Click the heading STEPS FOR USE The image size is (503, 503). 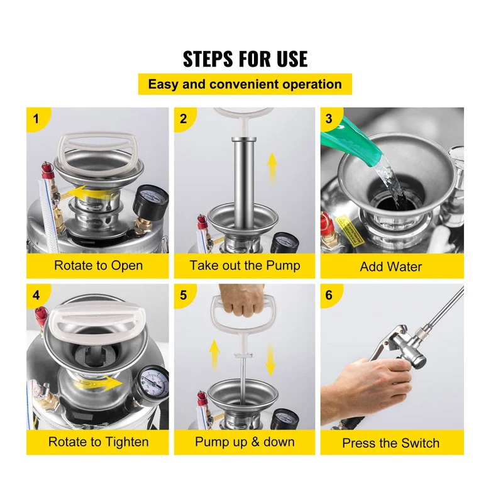coord(245,58)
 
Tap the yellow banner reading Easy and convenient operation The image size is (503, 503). coord(245,84)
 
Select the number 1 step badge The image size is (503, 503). coord(36,119)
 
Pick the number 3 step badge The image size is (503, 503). coord(329,119)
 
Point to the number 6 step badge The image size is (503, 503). coord(329,295)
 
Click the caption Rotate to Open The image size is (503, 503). coord(98,265)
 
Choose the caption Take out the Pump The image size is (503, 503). coord(245,265)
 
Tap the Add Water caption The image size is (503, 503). coord(390,267)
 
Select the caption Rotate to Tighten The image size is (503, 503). coord(99,442)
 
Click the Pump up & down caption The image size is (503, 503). coord(245,442)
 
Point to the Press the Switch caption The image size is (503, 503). coord(390,443)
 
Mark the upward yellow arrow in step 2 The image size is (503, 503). coord(272,168)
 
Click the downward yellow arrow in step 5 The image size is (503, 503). coord(270,358)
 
